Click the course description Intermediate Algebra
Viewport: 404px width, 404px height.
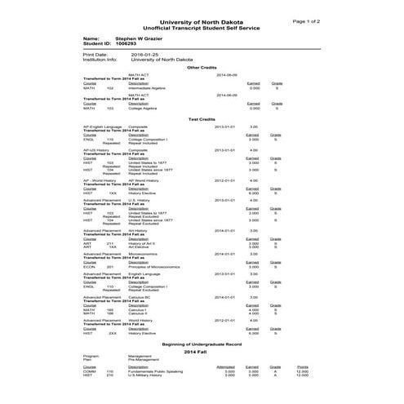146,87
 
